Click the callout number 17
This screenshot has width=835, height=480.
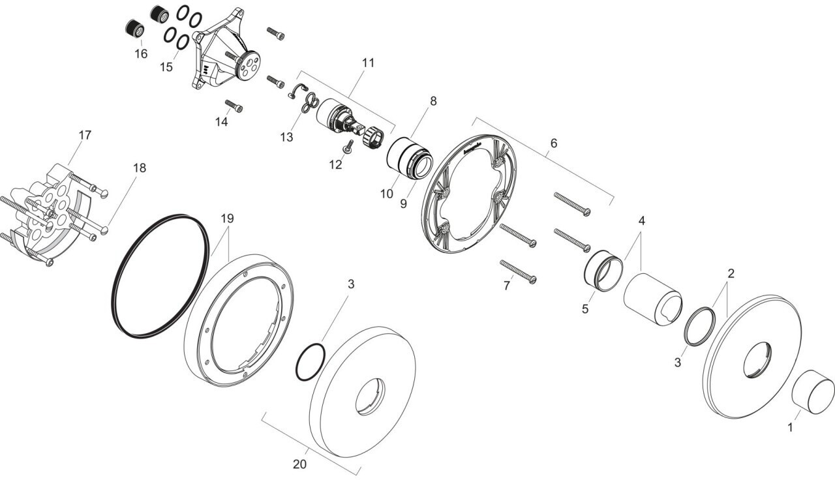[85, 135]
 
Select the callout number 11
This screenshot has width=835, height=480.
[369, 63]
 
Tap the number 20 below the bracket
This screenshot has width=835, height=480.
[299, 464]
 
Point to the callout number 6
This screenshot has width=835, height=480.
[553, 142]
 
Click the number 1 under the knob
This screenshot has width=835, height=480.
[790, 428]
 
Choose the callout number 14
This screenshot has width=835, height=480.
[222, 121]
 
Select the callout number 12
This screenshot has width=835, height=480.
[335, 165]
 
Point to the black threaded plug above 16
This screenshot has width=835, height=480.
[135, 29]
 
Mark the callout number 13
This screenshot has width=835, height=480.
[288, 137]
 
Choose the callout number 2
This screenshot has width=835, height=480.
[731, 273]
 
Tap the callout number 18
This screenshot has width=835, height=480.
[140, 168]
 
